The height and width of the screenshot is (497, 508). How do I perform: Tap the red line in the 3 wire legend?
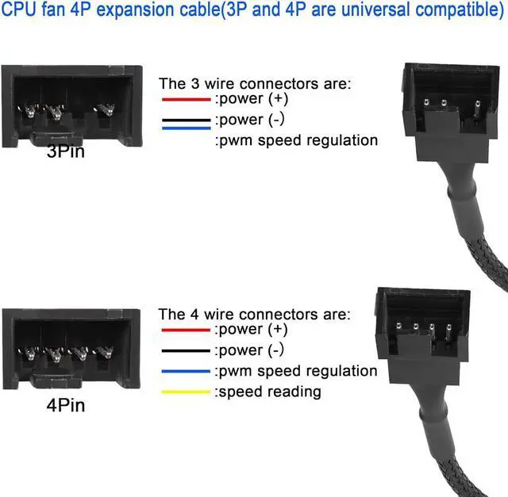point(186,101)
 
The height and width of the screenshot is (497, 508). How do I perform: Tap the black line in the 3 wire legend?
point(186,120)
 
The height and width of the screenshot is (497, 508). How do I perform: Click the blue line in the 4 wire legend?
point(186,371)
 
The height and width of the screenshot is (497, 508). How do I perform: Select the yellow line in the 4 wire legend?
point(186,392)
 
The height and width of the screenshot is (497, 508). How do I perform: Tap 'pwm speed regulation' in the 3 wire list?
point(297,141)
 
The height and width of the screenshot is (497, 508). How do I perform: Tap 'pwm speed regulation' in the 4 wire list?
point(297,371)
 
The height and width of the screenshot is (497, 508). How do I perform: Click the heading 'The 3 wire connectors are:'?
point(254,83)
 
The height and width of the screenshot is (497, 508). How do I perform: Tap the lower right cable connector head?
point(414,321)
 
